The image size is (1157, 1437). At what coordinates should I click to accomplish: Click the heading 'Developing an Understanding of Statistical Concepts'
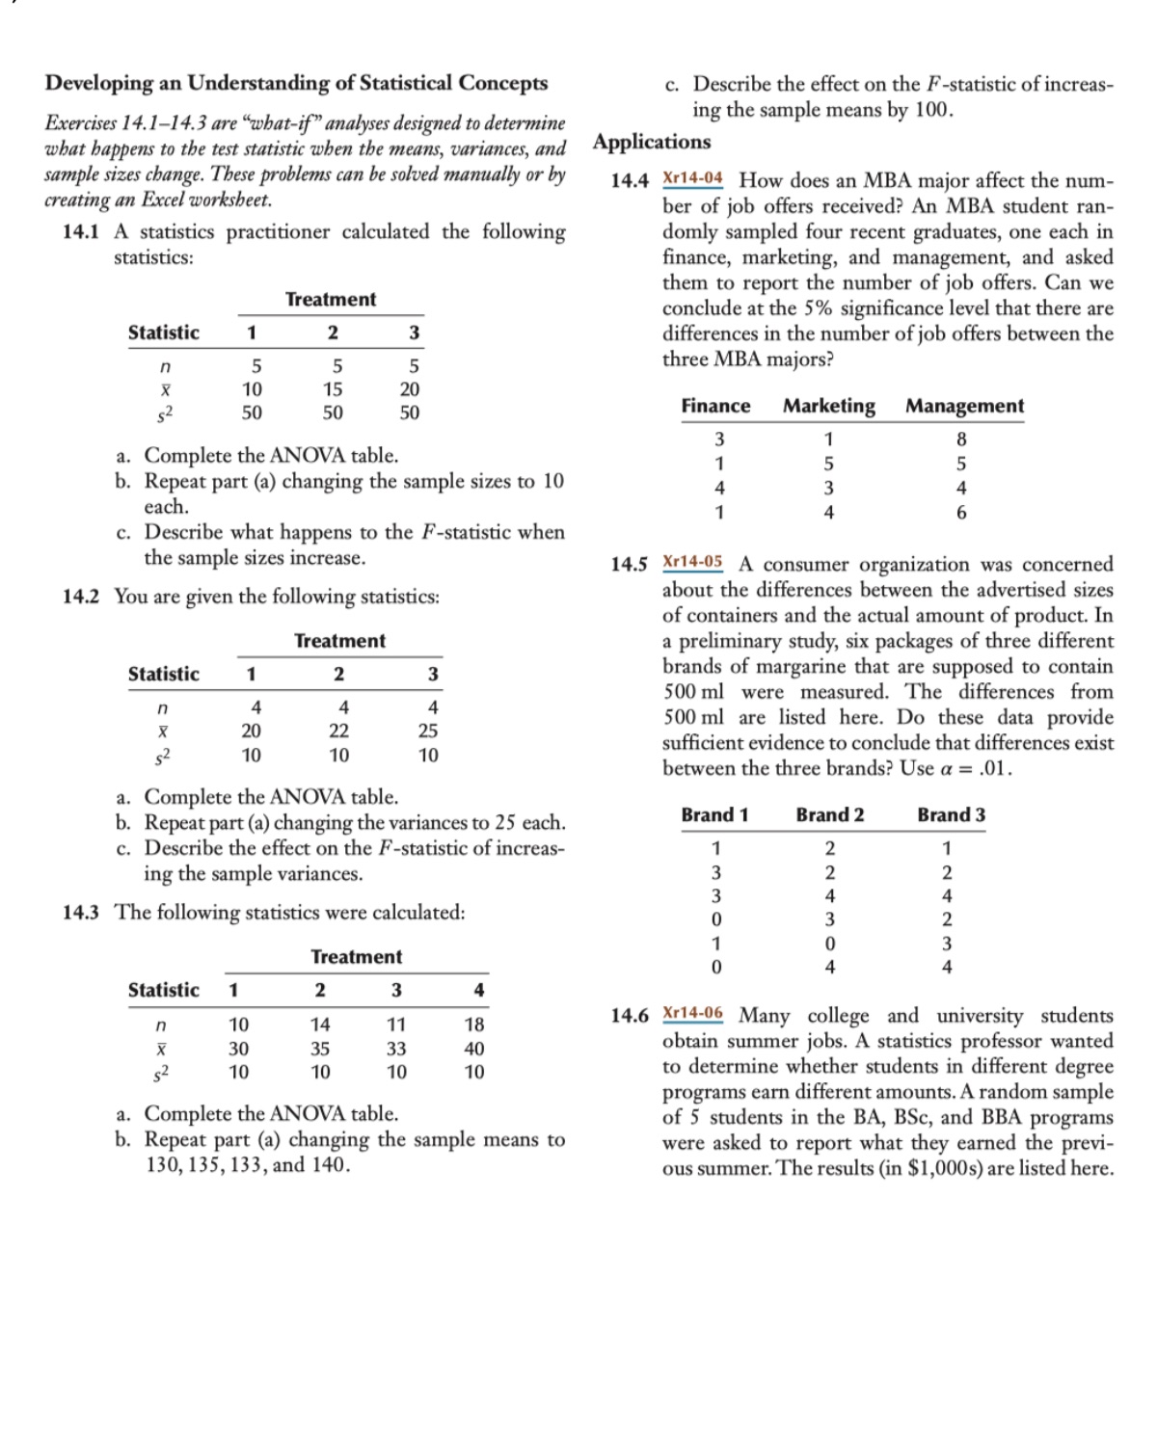[x=296, y=83]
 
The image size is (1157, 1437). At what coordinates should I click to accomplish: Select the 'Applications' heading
[x=652, y=142]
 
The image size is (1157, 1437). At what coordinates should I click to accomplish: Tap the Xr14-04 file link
[x=692, y=179]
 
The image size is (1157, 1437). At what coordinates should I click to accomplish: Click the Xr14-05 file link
[x=692, y=562]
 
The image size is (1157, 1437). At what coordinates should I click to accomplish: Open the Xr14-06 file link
[x=692, y=1013]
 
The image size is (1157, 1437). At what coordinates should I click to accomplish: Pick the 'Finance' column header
[x=715, y=406]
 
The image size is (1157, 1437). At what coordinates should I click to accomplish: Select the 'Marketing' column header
[x=828, y=406]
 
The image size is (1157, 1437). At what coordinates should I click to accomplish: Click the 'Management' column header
[x=964, y=406]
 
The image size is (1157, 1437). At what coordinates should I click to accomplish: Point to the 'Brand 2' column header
[x=829, y=814]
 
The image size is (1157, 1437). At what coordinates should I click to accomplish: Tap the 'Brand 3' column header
[x=951, y=814]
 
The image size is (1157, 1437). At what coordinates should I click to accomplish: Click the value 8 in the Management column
[x=960, y=439]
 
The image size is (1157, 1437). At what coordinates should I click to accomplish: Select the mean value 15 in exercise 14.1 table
[x=332, y=389]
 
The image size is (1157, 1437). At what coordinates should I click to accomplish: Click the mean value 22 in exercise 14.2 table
[x=338, y=732]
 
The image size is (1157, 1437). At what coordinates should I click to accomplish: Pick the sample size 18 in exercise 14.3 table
[x=474, y=1025]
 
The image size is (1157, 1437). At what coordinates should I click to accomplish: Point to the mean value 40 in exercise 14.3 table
[x=474, y=1049]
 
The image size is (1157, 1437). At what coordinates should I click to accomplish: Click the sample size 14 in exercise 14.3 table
[x=320, y=1025]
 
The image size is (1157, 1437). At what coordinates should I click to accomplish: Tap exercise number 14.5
[x=630, y=565]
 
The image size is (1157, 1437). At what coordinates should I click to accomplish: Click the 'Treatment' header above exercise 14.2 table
[x=339, y=641]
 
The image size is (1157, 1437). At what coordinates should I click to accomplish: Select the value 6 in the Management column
[x=960, y=513]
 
